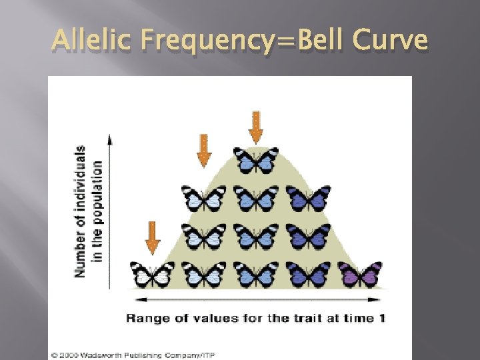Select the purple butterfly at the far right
click(x=361, y=274)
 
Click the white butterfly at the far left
click(x=152, y=274)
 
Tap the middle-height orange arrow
click(x=204, y=151)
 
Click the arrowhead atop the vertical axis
click(x=109, y=136)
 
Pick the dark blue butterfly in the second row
click(x=308, y=198)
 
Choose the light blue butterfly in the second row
click(x=204, y=198)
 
